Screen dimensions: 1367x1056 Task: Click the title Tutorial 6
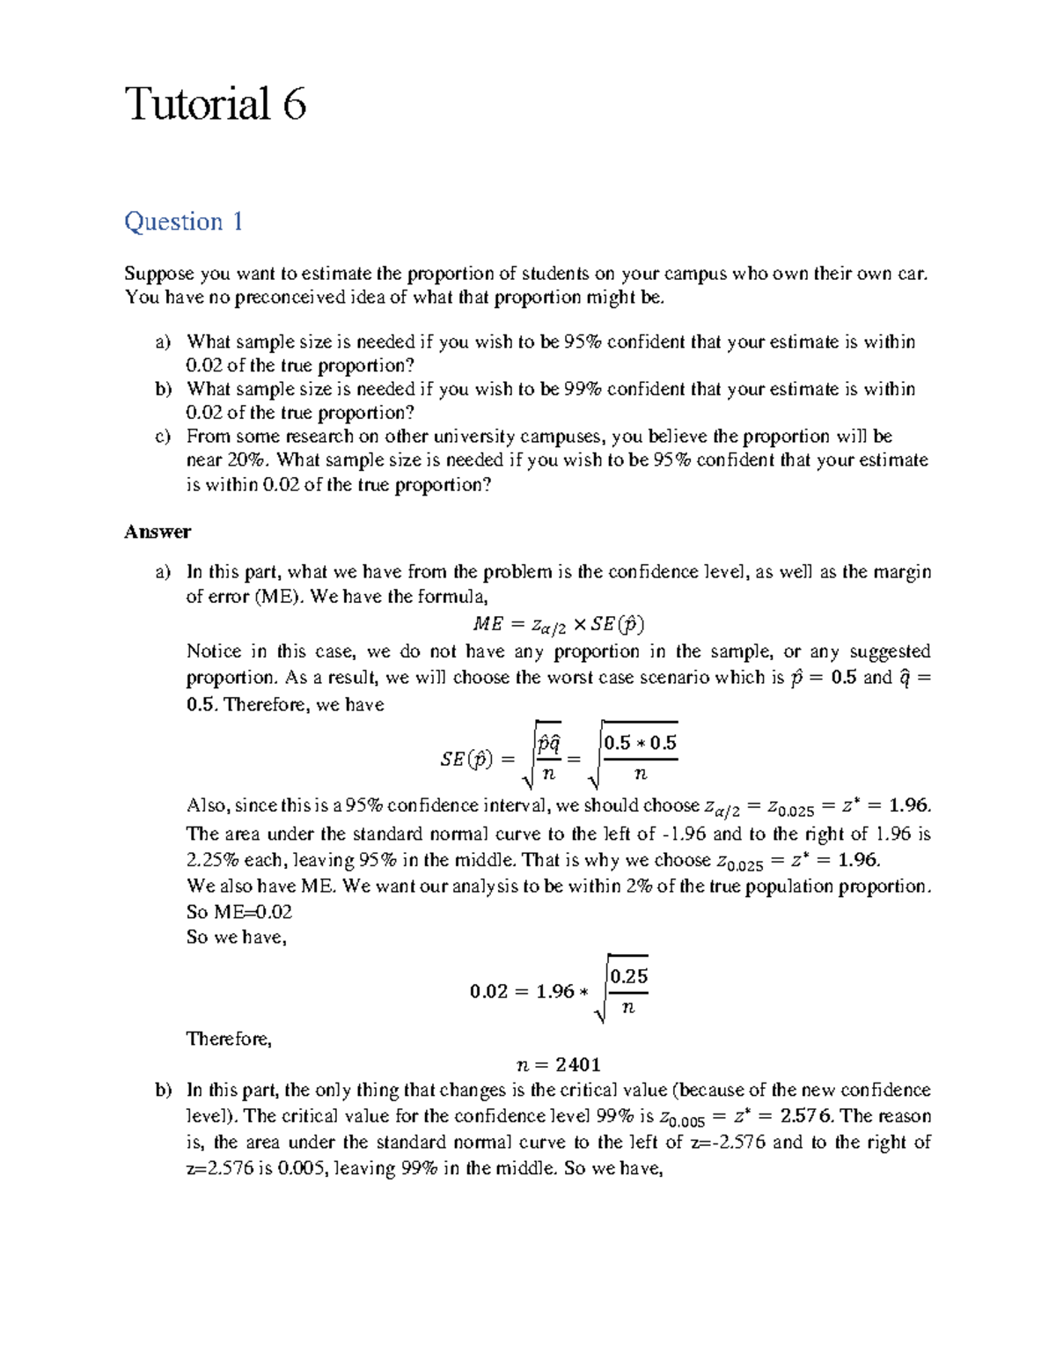click(x=215, y=104)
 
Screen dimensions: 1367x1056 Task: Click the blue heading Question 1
click(x=183, y=221)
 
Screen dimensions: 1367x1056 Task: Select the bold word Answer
click(x=158, y=532)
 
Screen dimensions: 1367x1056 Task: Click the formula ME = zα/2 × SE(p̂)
click(x=558, y=625)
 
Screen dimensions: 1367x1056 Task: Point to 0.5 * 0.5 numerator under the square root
click(x=640, y=743)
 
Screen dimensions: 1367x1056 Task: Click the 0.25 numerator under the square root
click(x=628, y=976)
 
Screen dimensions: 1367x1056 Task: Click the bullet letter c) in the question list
click(x=162, y=437)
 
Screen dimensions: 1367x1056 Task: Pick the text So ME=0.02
click(x=239, y=912)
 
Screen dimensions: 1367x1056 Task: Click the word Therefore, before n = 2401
click(x=229, y=1039)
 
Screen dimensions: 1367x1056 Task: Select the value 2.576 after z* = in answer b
click(x=806, y=1116)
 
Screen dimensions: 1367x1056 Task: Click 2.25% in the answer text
click(x=212, y=860)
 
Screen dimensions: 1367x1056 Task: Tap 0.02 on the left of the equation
click(x=488, y=992)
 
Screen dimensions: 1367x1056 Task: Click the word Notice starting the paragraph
click(x=213, y=651)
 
